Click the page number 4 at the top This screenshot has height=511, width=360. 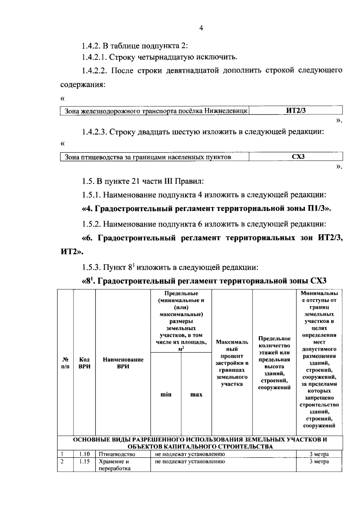pos(201,28)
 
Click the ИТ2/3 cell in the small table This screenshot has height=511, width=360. pos(295,111)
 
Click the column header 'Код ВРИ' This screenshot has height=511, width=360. pos(84,363)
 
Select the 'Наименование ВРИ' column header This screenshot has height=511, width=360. pos(123,363)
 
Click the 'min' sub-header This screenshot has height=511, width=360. pos(166,395)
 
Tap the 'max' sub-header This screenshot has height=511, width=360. pos(196,395)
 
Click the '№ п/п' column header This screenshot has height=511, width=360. pos(65,363)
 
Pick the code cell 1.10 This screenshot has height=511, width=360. pos(84,454)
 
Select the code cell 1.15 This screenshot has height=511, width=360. pos(84,462)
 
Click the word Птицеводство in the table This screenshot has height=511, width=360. pos(117,454)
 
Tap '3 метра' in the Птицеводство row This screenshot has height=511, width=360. pos(319,454)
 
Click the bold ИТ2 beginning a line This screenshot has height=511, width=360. pos(70,252)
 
